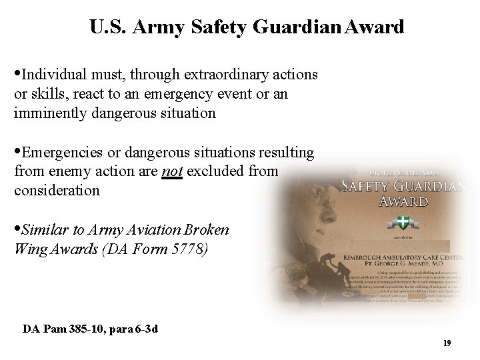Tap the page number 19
447,343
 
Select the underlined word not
173,171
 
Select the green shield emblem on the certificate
403,221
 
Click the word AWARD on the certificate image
403,201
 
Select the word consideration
57,191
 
